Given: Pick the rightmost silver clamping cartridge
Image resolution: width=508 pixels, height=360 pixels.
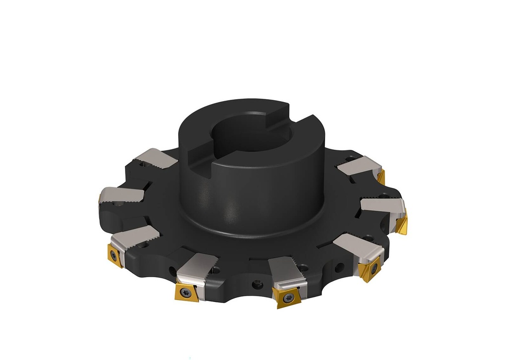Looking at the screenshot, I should pyautogui.click(x=384, y=204).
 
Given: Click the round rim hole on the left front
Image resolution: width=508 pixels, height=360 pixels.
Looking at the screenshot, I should pyautogui.click(x=172, y=271).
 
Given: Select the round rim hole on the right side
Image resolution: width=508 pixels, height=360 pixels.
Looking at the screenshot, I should pyautogui.click(x=338, y=268).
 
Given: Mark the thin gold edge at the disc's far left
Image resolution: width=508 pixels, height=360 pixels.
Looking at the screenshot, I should pyautogui.click(x=100, y=198).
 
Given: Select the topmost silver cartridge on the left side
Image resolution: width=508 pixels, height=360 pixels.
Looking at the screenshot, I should pyautogui.click(x=155, y=158).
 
